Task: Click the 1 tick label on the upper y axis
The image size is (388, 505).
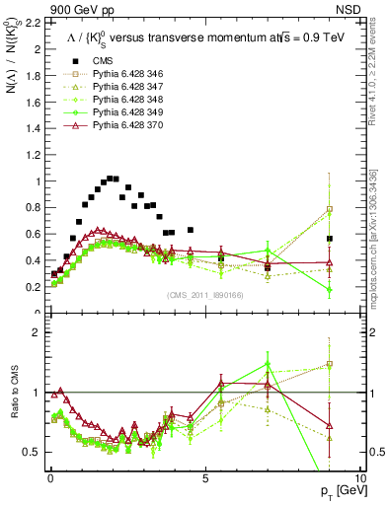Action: pyautogui.click(x=39, y=180)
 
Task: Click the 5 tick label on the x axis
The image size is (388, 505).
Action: pyautogui.click(x=204, y=476)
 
